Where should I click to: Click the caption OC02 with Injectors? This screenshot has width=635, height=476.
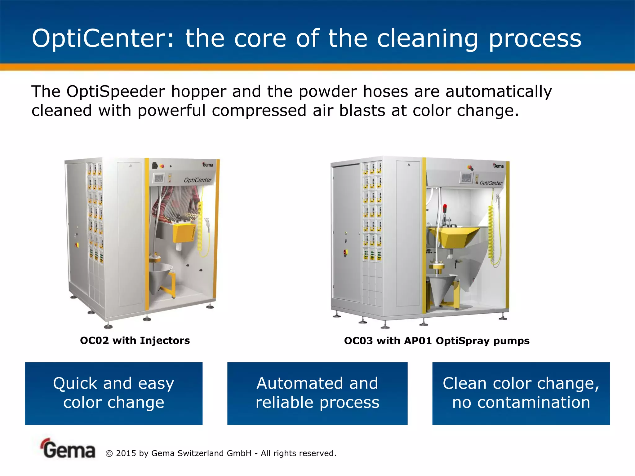(135, 341)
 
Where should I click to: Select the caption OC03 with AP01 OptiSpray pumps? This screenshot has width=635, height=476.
(437, 341)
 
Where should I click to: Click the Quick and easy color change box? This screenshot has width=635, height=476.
(113, 393)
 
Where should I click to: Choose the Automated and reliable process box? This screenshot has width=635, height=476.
(317, 393)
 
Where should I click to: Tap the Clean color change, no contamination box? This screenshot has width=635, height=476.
(521, 393)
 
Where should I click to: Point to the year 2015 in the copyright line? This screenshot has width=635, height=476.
(126, 453)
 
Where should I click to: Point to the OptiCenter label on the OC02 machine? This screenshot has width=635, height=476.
(198, 180)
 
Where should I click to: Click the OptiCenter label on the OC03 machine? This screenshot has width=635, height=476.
(491, 183)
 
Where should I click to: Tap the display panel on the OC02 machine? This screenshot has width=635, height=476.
(158, 178)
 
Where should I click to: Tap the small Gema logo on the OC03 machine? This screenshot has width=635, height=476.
(498, 166)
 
